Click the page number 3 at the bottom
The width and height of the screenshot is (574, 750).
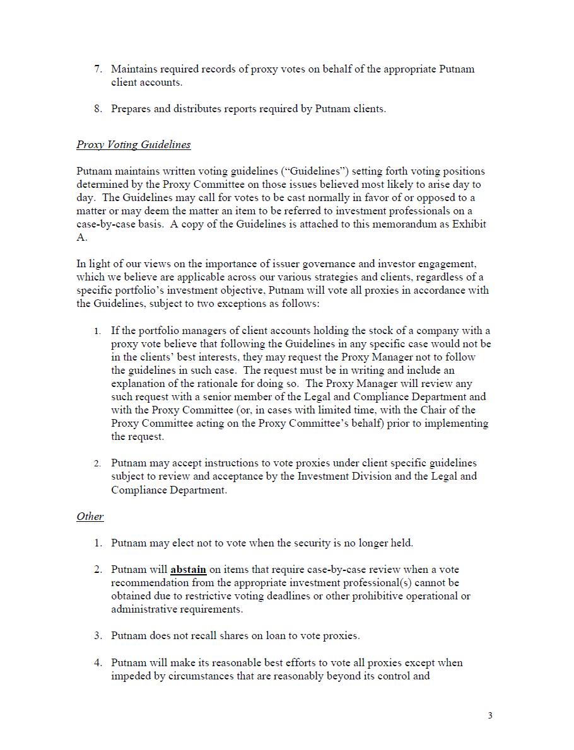coord(490,715)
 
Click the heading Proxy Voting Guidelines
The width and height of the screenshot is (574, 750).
coord(133,144)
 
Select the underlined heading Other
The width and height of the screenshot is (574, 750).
coord(90,516)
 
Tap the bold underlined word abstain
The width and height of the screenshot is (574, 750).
coord(188,569)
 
